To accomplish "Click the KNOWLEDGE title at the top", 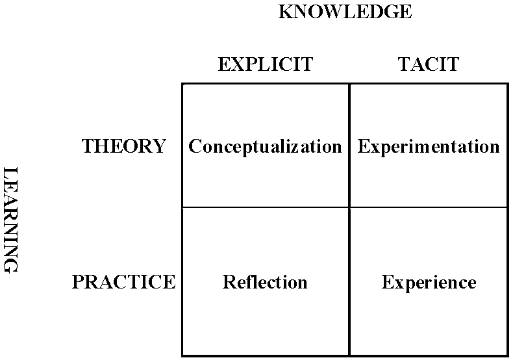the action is click(345, 12).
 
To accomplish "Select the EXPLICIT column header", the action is click(266, 64).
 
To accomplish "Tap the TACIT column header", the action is click(429, 64).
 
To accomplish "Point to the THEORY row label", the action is click(123, 146).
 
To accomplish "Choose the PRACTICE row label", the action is click(123, 282).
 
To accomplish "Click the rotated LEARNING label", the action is click(10, 220).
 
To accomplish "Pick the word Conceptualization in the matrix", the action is click(265, 146).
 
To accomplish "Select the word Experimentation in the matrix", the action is click(429, 146).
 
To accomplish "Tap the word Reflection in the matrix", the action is click(265, 282).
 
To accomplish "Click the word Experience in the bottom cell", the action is click(429, 283).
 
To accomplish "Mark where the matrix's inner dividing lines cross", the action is click(349, 207).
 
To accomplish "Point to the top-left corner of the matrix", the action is click(182, 84).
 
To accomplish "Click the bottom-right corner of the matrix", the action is click(508, 355).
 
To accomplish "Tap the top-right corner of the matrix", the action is click(508, 84).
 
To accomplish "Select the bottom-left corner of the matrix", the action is click(182, 355).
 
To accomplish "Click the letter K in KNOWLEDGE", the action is click(285, 12).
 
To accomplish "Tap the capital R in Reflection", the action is click(230, 282).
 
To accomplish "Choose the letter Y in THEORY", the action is click(159, 146).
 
